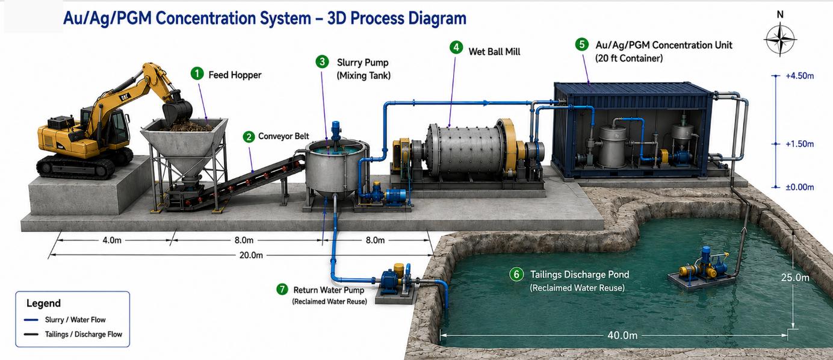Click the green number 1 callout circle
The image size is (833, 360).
point(197,73)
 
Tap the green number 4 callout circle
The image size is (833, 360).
point(456,47)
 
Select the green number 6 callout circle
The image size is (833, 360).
point(516,275)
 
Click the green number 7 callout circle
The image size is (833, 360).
point(282,289)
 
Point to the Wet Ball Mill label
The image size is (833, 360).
point(494,52)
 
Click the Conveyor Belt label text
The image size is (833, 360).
point(283,136)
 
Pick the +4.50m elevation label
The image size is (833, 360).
point(799,76)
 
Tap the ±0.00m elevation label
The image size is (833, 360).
point(799,187)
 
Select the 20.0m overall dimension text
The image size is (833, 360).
point(250,255)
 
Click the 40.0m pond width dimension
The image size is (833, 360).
point(622,335)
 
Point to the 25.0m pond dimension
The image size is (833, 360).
point(795,278)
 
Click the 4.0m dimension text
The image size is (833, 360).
point(112,240)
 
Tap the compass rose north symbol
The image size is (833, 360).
point(780,39)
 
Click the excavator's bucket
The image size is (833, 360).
point(178,110)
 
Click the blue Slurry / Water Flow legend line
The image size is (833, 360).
point(31,320)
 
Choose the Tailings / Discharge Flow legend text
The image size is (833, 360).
point(83,334)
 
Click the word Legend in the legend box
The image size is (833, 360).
point(43,303)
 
